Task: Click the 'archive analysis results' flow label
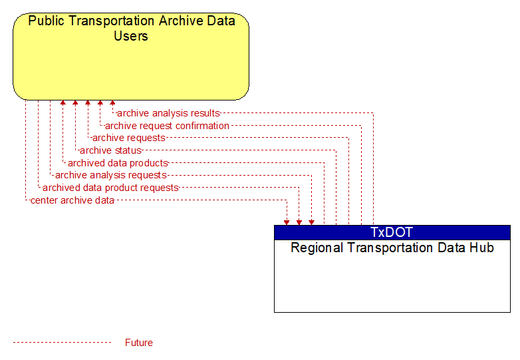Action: coord(168,113)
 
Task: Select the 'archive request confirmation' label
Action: coord(167,126)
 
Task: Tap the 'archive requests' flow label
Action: coord(129,138)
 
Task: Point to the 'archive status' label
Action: coord(110,150)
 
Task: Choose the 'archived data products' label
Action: coord(118,163)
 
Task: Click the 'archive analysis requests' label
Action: coord(111,175)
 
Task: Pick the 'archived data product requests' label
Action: coord(110,188)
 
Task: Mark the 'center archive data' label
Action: coord(72,200)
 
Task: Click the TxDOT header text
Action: coord(392,232)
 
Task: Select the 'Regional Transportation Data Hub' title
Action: coord(392,248)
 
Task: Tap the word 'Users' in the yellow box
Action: coord(131,36)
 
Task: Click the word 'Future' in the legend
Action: coord(138,343)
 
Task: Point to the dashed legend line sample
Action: coord(62,343)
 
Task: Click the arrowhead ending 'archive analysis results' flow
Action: coord(112,102)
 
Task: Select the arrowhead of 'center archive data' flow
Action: coord(287,222)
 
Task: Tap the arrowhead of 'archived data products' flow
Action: coord(63,102)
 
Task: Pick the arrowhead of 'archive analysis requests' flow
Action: coord(311,222)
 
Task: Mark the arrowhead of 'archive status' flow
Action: coord(75,102)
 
